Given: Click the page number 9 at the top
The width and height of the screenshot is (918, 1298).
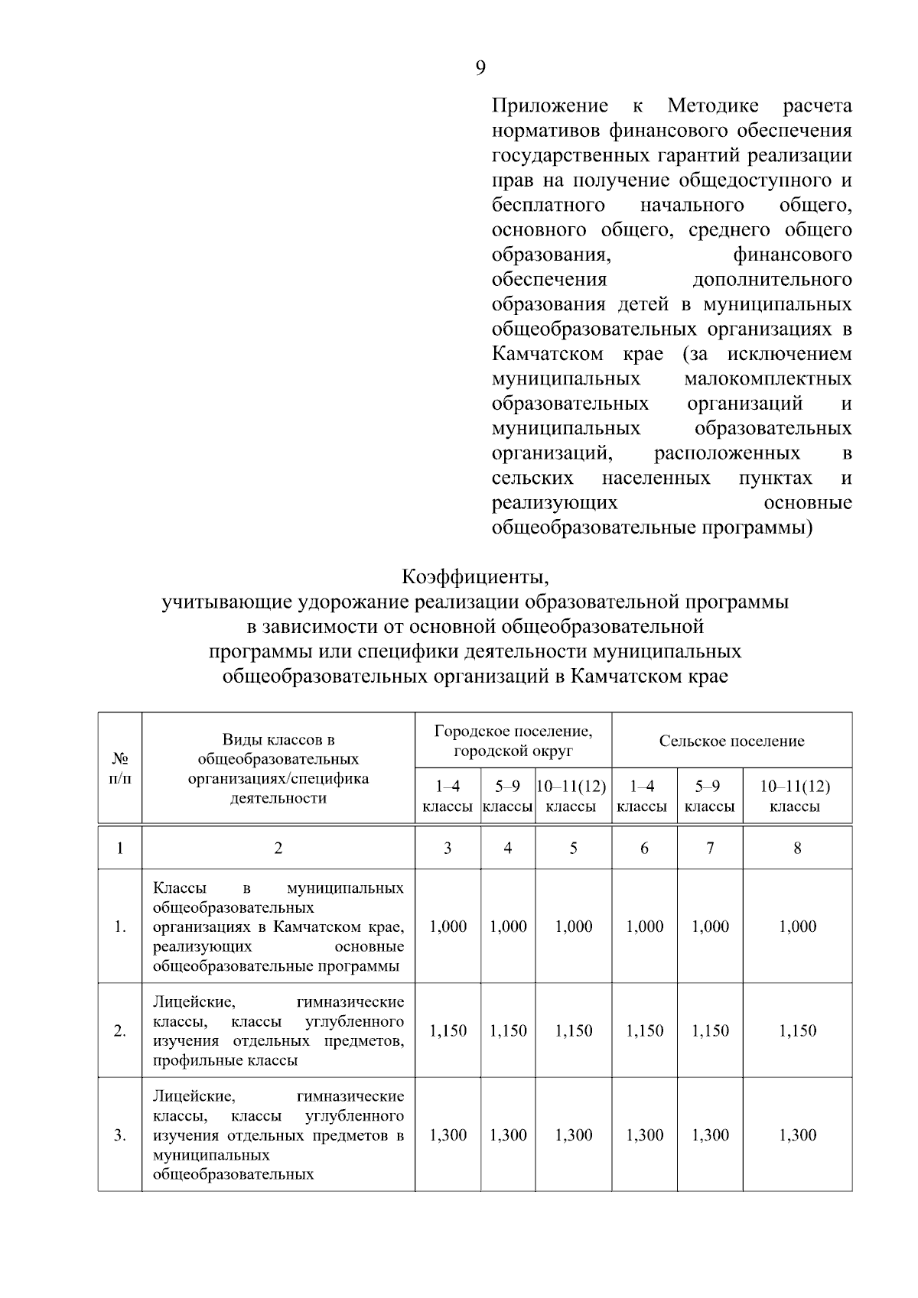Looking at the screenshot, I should pyautogui.click(x=480, y=69).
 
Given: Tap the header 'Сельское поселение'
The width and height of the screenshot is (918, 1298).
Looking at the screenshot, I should pyautogui.click(x=731, y=741).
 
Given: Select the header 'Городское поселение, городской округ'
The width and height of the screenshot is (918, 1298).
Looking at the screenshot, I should pyautogui.click(x=513, y=741).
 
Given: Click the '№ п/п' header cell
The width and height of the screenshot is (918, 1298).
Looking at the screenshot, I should pyautogui.click(x=119, y=768).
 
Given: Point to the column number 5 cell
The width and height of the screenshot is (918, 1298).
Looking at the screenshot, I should pyautogui.click(x=573, y=848).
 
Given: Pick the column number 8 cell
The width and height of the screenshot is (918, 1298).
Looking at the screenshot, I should pyautogui.click(x=797, y=848).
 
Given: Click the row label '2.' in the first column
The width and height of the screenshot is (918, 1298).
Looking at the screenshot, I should pyautogui.click(x=119, y=1031).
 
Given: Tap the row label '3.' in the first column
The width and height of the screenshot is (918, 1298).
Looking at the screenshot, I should pyautogui.click(x=119, y=1135).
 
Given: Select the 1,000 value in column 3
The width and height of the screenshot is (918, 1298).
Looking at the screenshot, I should pyautogui.click(x=448, y=926).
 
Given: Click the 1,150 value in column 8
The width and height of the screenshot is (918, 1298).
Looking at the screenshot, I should pyautogui.click(x=797, y=1031).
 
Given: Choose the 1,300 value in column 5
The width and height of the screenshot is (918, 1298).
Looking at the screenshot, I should pyautogui.click(x=573, y=1135).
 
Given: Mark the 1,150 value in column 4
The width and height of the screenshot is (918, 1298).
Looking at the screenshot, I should pyautogui.click(x=508, y=1031).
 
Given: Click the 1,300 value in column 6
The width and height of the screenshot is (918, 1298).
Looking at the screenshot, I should pyautogui.click(x=644, y=1135).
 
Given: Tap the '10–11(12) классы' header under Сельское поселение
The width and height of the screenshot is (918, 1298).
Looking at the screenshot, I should pyautogui.click(x=795, y=797).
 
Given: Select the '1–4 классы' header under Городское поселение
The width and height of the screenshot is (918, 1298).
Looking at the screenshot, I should pyautogui.click(x=448, y=797).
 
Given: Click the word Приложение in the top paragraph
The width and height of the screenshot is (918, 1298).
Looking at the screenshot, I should pyautogui.click(x=550, y=106).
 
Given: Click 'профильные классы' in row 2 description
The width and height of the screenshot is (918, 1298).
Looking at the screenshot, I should pyautogui.click(x=225, y=1060).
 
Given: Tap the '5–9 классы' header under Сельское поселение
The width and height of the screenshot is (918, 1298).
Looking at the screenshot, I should pyautogui.click(x=709, y=797).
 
